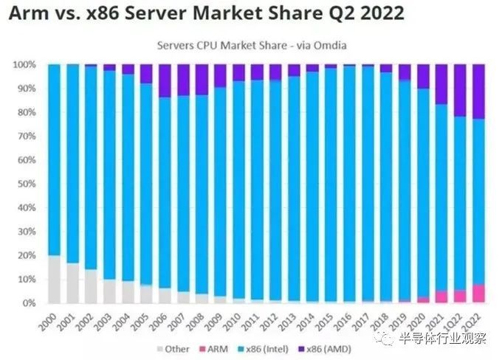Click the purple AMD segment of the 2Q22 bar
click(477, 91)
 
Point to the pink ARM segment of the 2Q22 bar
click(477, 294)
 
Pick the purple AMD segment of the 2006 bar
click(164, 80)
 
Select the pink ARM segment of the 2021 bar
click(441, 297)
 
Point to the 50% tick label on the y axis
click(27, 184)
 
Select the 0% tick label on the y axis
click(30, 303)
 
